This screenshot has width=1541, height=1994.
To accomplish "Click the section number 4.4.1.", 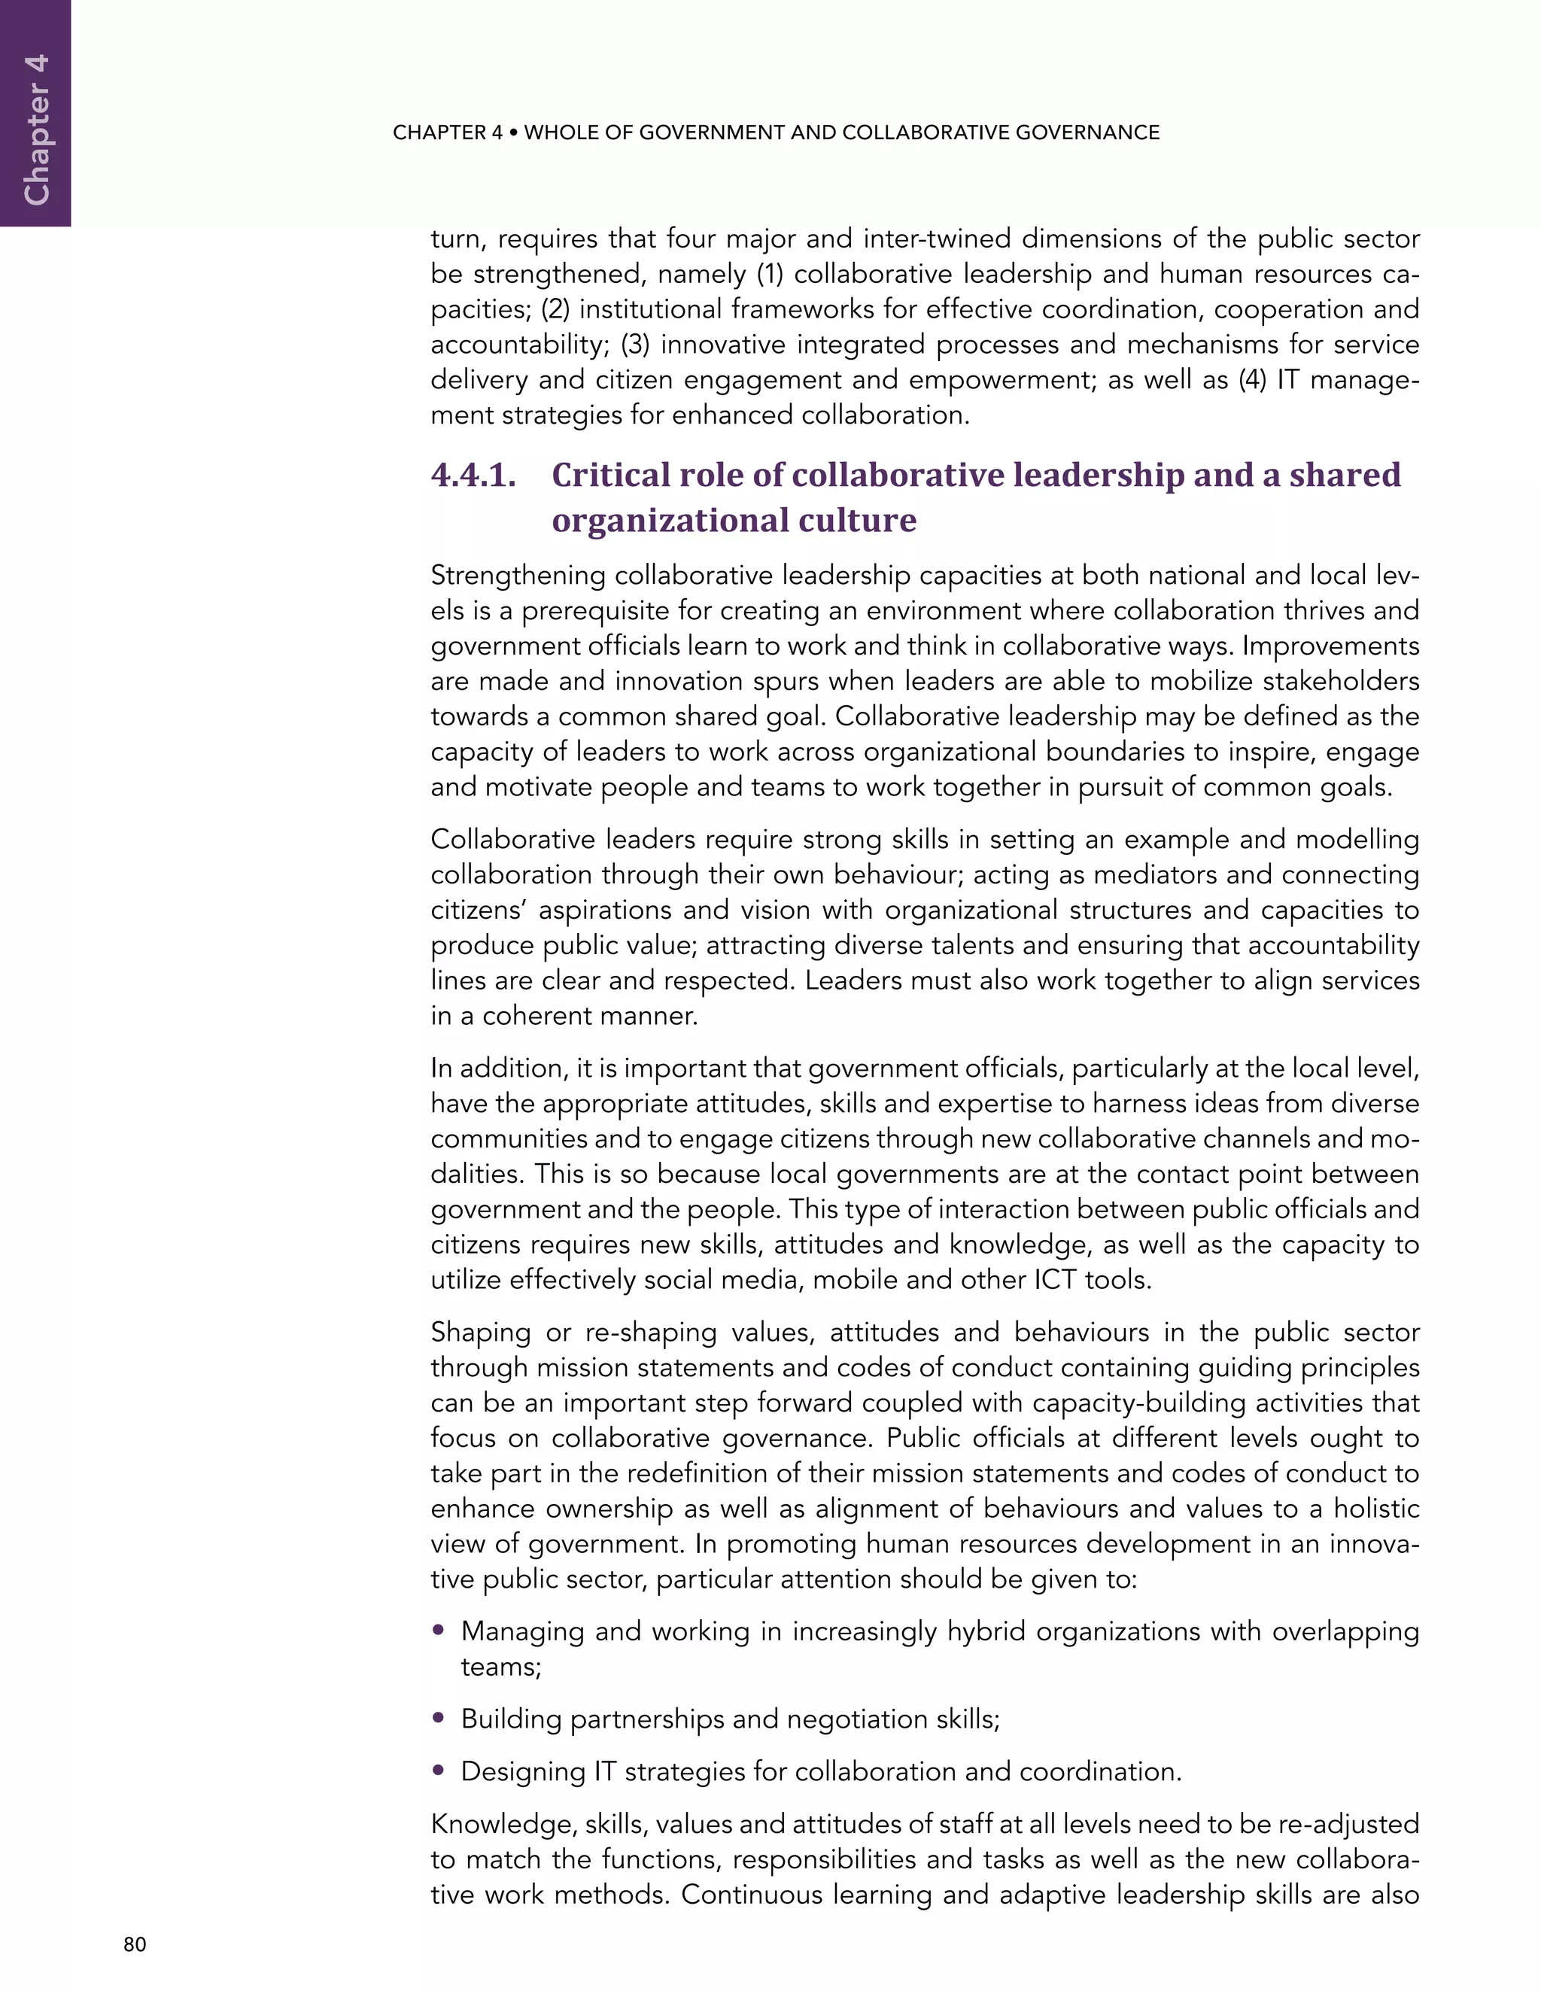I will (x=473, y=475).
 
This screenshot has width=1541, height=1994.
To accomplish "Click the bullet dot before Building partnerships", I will (x=439, y=1719).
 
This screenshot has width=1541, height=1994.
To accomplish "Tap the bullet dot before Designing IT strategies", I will (x=439, y=1771).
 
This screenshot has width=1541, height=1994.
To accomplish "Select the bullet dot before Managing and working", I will (x=439, y=1630).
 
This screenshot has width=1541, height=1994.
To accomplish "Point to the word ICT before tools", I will (x=1056, y=1279).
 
